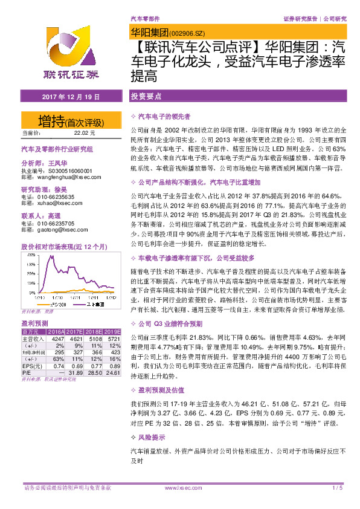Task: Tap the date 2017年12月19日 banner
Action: coord(67,97)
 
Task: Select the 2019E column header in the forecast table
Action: coord(112,332)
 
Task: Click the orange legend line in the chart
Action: coord(36,304)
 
